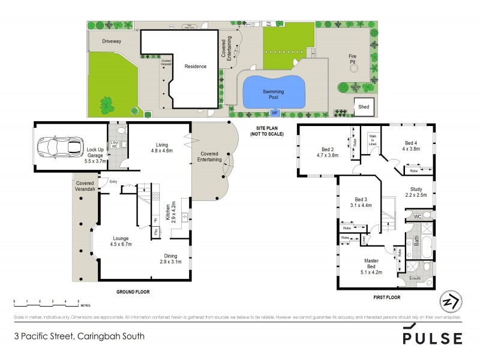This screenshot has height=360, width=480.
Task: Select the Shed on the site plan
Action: click(364, 106)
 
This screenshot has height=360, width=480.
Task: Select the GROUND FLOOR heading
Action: click(132, 292)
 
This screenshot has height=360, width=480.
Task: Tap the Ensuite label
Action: click(415, 278)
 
